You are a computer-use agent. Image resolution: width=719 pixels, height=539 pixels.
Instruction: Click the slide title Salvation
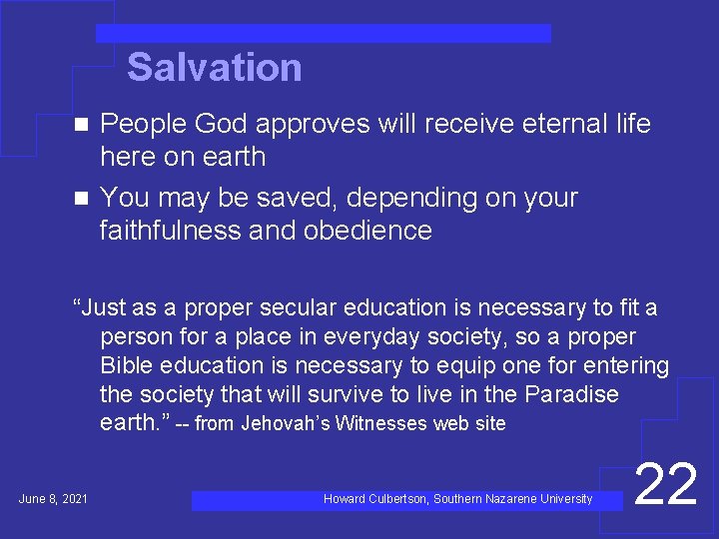[214, 68]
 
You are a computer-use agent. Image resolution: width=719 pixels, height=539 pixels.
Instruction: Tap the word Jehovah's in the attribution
[288, 423]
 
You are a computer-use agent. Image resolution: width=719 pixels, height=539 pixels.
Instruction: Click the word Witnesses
[381, 423]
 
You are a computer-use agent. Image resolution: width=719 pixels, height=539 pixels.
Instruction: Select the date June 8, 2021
[53, 498]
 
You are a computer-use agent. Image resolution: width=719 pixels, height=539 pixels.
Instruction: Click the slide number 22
[665, 485]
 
